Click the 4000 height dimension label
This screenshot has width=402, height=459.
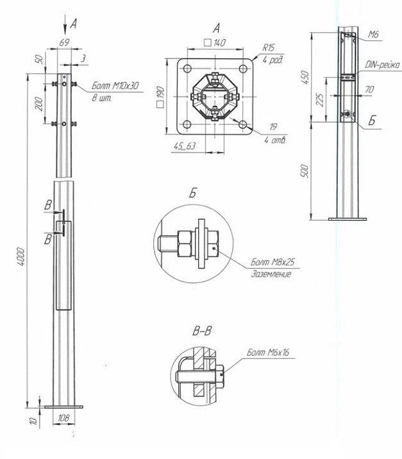(21, 256)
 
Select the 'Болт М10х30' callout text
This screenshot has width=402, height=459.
(115, 86)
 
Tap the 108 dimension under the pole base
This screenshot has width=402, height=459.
(63, 418)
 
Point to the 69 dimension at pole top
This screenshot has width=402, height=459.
(64, 42)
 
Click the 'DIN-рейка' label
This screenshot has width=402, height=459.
(382, 65)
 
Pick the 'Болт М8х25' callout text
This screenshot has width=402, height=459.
(273, 262)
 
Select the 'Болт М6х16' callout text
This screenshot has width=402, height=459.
(268, 352)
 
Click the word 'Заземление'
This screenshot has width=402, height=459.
(271, 274)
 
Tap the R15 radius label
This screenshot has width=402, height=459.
(268, 47)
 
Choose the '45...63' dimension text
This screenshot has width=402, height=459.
(185, 146)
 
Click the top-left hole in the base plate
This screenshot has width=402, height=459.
(187, 69)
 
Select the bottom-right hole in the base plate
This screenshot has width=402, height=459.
(243, 125)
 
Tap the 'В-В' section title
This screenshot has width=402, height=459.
(203, 331)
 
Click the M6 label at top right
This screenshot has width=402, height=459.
(373, 35)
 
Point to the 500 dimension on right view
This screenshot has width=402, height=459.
(305, 171)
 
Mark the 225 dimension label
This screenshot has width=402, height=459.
(321, 100)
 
